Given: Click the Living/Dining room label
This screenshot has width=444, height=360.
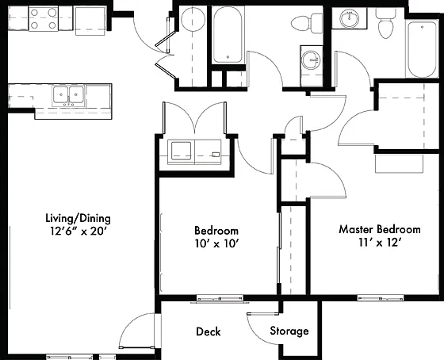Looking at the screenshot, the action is point(78,218).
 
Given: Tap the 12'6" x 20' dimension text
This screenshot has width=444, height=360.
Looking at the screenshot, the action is point(78,231).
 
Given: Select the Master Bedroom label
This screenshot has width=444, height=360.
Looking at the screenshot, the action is point(380,229).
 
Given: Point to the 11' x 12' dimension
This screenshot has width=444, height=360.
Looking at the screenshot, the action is point(380,243).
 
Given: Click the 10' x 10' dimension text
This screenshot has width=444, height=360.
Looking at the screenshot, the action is point(216,243).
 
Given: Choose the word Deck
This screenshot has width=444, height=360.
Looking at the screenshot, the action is point(208,331).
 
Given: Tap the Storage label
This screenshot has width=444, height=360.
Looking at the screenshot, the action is point(289,331).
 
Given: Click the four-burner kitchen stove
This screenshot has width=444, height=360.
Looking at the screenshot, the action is point(44,19).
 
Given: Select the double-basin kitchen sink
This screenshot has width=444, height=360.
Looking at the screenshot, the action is point(68,95).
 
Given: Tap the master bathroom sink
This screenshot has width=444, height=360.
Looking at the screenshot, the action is point(350,18).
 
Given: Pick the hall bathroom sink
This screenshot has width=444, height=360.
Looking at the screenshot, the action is point(311,60).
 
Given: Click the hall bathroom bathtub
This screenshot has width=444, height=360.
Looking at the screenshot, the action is point(228,34).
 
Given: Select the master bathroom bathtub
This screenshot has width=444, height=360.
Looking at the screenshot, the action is point(422,49).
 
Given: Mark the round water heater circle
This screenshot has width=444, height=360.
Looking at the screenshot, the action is point(193,19).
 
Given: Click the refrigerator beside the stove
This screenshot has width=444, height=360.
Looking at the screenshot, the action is point(90,21).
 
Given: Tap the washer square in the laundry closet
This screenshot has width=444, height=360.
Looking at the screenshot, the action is point(182,151).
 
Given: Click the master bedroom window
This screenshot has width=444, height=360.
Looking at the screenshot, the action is point(380,298).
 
